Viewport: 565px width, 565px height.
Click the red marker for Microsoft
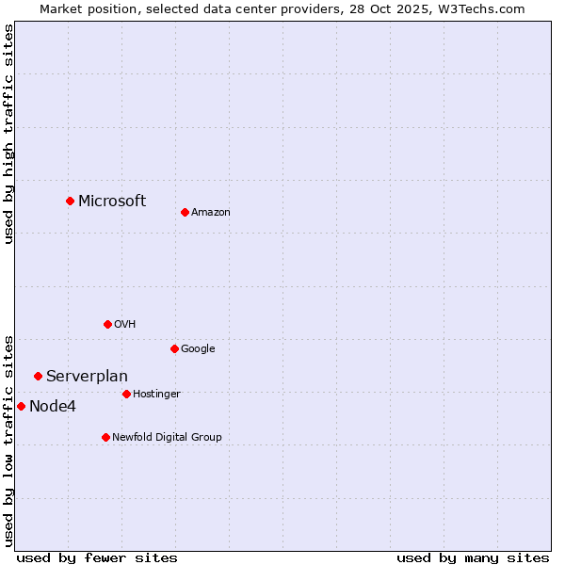70,201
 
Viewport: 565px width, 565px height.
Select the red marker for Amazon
185,212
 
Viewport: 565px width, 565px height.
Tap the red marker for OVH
107,324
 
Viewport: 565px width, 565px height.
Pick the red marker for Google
174,348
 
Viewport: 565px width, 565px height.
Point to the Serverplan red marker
38,376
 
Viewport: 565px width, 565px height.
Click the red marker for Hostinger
126,394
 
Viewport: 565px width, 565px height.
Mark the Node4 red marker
21,406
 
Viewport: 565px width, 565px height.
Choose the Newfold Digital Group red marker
105,437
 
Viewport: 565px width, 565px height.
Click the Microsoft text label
112,201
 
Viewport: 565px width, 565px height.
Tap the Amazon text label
211,213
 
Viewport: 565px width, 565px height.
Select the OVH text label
125,325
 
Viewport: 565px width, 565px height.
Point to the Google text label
198,349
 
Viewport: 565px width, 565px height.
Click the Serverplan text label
87,377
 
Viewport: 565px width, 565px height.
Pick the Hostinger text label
156,395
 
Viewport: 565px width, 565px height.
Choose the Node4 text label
52,407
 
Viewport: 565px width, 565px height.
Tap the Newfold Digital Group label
167,438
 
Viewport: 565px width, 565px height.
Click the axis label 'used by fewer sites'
97,557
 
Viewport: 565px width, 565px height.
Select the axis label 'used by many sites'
473,557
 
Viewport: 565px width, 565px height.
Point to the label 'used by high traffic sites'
8,134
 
